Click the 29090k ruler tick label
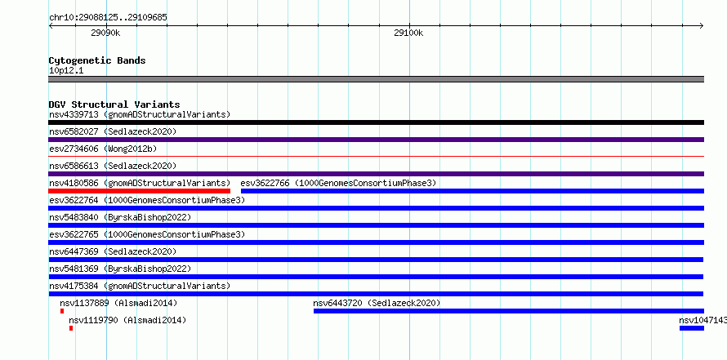click(105, 33)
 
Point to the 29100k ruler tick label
click(408, 33)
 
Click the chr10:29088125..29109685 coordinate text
click(108, 18)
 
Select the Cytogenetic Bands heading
click(97, 60)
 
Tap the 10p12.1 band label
click(66, 71)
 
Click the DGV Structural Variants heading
click(114, 104)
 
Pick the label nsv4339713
click(74, 114)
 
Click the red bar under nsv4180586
click(139, 191)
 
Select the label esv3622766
click(265, 183)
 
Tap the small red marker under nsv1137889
click(62, 311)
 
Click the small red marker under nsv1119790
click(71, 328)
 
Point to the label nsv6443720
click(338, 304)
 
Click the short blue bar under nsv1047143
click(692, 328)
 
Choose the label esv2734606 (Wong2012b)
click(104, 149)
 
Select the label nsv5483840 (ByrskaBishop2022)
click(120, 217)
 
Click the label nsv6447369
click(74, 251)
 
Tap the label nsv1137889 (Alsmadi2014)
click(118, 304)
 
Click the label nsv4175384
click(74, 286)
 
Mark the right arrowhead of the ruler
click(702, 25)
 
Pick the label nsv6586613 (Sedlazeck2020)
click(113, 166)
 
